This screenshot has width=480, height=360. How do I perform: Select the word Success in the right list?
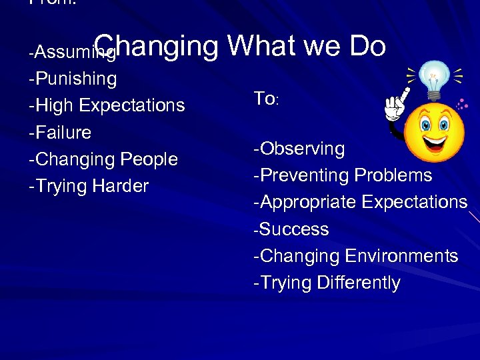tap(294, 229)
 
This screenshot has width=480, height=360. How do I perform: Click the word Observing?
tap(302, 149)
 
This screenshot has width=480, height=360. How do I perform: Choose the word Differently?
tap(358, 283)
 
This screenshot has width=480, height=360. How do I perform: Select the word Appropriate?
tap(305, 203)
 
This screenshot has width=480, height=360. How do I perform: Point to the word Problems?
tap(393, 175)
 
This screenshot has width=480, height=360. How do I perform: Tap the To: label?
tap(265, 99)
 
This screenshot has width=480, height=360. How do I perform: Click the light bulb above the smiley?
tap(435, 75)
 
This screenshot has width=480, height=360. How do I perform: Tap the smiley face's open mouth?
tap(435, 141)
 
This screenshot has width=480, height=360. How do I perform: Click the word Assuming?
tap(65, 52)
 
